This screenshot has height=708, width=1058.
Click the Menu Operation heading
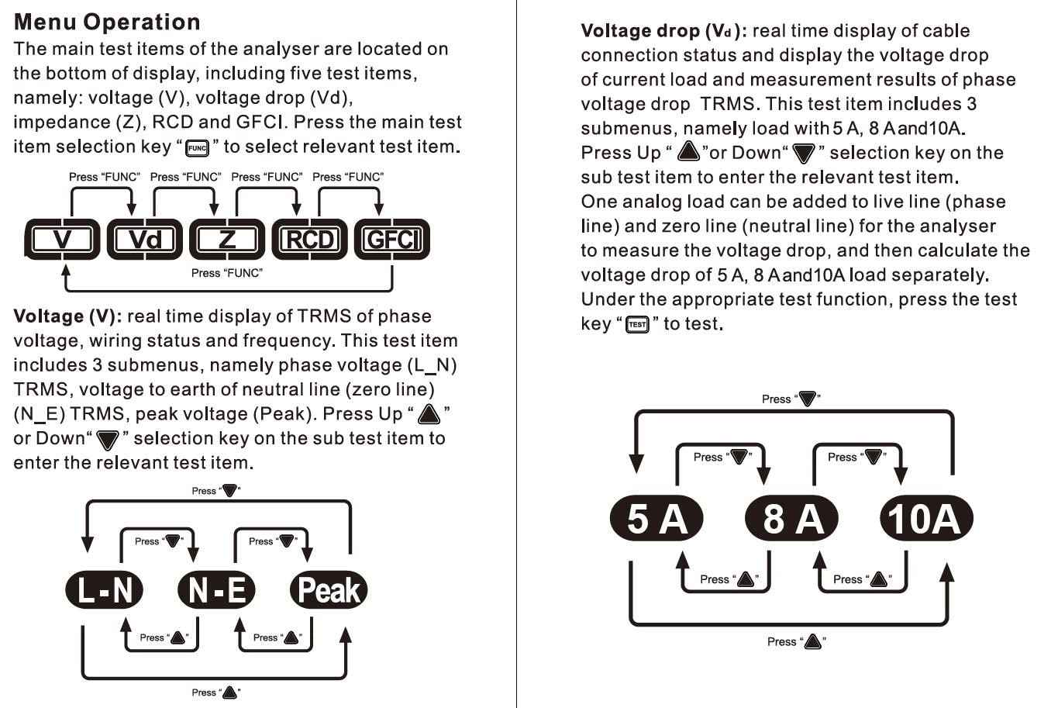[x=107, y=22]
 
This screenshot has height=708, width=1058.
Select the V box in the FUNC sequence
[x=63, y=239]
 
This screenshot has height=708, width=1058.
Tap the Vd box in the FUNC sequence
[x=145, y=239]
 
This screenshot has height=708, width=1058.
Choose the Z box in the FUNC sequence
[x=227, y=239]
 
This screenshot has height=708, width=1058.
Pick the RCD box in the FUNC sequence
[x=309, y=239]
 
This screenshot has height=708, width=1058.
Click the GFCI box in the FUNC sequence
[x=391, y=239]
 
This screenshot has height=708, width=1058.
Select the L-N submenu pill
[x=105, y=591]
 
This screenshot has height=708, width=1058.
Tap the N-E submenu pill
[x=216, y=591]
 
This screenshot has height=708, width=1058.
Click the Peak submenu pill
[x=329, y=591]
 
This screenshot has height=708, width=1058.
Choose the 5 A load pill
[x=657, y=518]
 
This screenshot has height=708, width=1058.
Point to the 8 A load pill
[x=791, y=518]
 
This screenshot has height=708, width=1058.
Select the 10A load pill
[x=926, y=518]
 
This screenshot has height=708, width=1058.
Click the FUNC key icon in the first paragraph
[x=198, y=147]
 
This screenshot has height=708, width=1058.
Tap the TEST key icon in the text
[x=638, y=324]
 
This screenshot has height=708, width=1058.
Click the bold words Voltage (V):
[x=67, y=316]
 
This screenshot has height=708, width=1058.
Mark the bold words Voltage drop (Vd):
[x=663, y=31]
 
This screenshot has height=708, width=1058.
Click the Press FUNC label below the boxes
[x=226, y=273]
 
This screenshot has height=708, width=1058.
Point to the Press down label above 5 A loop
[x=791, y=399]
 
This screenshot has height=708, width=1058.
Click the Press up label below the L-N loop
[x=216, y=692]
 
